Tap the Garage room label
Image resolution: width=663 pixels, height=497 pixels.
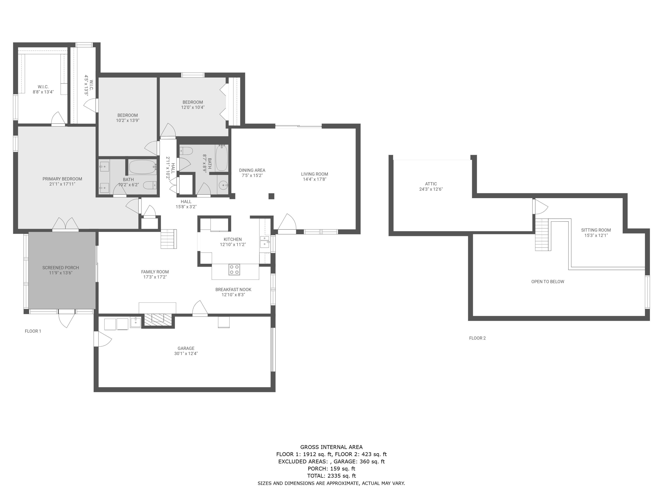186,348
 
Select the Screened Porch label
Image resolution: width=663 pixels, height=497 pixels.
61,267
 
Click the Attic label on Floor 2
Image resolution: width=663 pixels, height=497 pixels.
431,184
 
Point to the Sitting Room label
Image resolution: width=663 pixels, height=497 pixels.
596,230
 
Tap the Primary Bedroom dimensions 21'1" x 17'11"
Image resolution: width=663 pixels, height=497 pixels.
62,184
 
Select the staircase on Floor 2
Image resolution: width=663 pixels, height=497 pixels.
542,235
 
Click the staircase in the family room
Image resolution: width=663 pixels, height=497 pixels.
168,239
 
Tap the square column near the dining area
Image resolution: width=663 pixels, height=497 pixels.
271,196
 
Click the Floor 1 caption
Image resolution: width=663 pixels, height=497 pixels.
33,331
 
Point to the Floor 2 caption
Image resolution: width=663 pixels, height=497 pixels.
477,338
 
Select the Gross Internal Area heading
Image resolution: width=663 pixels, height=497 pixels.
331,447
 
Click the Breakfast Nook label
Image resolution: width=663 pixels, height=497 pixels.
233,289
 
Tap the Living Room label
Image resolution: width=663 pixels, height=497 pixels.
314,174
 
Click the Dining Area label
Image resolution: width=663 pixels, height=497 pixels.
252,170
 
